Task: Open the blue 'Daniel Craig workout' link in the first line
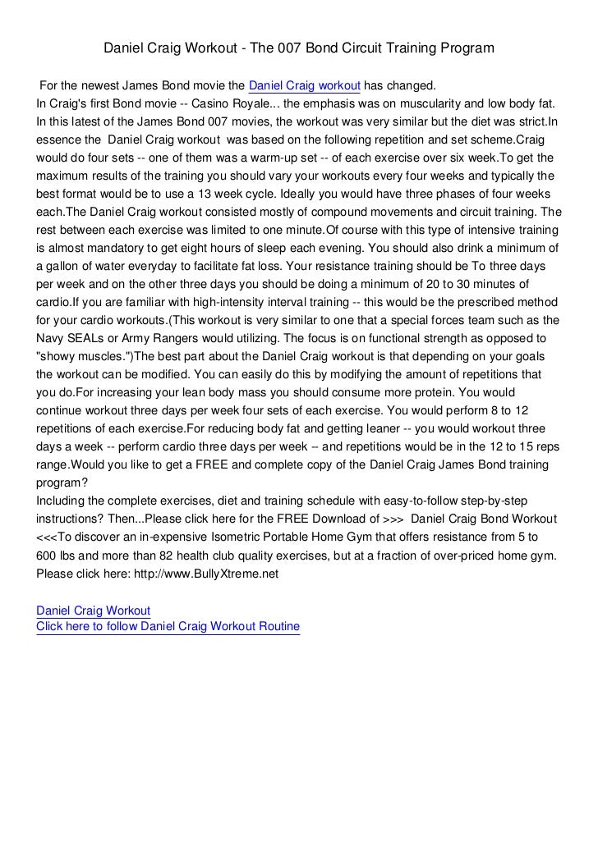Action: point(304,86)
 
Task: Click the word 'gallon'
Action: point(67,266)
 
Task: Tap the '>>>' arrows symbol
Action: point(393,519)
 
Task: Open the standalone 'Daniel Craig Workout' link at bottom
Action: point(94,610)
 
